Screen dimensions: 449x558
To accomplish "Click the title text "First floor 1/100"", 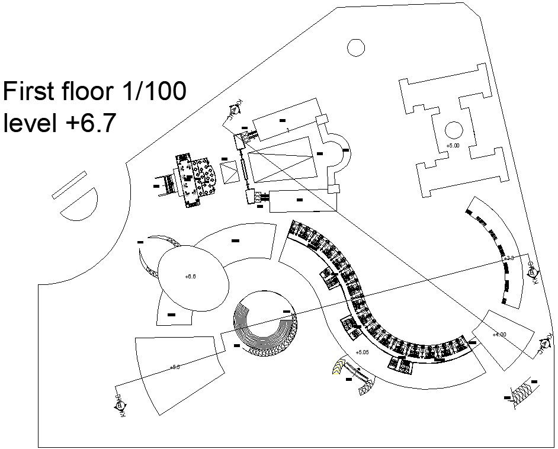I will [x=95, y=92].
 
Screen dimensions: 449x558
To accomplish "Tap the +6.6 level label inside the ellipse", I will [x=191, y=276].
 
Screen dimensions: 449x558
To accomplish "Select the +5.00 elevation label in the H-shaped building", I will [x=453, y=145].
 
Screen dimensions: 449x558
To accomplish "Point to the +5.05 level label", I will [x=362, y=352].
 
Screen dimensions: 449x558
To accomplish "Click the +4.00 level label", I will [x=499, y=335].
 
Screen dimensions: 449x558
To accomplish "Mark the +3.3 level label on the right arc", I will [x=509, y=258].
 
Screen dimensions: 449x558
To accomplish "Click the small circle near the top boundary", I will [x=356, y=47].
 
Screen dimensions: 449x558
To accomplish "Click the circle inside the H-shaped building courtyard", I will [x=453, y=130].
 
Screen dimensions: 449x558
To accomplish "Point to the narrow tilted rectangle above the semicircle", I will [x=69, y=184].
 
